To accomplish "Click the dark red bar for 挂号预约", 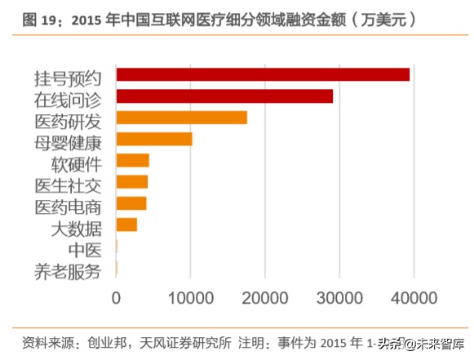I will click(263, 75).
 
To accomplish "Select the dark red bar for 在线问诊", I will click(224, 96).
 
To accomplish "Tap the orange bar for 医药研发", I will click(181, 118).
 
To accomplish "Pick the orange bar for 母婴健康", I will click(154, 139).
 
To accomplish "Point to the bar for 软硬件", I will click(133, 160).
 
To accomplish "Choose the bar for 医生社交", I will click(132, 181).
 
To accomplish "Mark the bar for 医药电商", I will click(131, 203).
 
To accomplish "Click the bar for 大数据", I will click(126, 224).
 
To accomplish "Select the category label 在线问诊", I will click(67, 100).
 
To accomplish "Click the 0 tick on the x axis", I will click(117, 297).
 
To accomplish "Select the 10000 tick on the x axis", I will click(191, 297).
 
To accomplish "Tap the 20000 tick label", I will click(265, 297).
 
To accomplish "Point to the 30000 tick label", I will click(339, 297).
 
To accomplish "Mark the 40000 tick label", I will click(413, 297).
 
